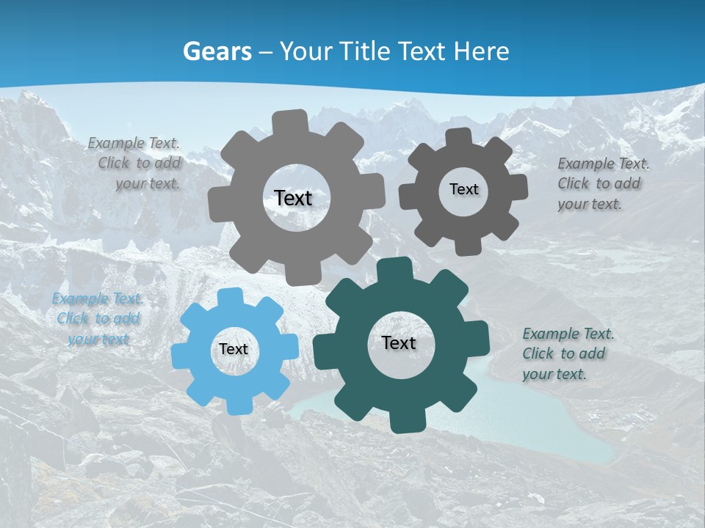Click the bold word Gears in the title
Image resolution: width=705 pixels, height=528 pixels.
pos(217,51)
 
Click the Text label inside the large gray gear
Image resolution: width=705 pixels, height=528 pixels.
pos(293,198)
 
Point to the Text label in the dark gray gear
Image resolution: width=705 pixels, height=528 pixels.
pos(463,189)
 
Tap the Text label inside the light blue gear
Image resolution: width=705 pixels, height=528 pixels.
pos(234,350)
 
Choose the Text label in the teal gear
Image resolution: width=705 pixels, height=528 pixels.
pos(399,343)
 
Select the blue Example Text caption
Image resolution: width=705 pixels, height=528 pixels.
pos(98,319)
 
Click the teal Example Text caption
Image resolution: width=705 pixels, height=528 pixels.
pos(568,353)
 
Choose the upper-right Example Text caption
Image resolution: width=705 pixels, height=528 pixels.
pos(602,183)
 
